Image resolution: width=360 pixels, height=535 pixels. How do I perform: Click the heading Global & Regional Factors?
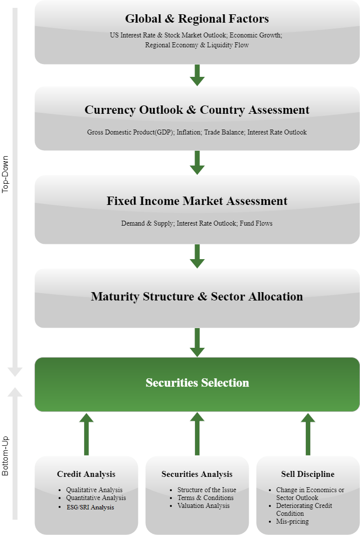[197, 18]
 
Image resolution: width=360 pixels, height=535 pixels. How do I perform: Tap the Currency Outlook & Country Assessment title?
[197, 110]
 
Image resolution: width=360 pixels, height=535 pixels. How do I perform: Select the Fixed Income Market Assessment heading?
[197, 201]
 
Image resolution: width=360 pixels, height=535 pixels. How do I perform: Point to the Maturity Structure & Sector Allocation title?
[197, 297]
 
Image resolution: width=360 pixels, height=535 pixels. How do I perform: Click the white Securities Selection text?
[197, 382]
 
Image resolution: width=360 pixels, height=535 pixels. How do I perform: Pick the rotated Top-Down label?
[5, 174]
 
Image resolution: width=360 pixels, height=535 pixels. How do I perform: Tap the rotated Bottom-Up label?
[5, 456]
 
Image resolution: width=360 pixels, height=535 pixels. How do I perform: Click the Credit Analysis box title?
[86, 474]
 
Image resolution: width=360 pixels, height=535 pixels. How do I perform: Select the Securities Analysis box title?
[197, 474]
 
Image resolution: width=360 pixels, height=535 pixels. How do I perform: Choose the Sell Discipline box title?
[308, 474]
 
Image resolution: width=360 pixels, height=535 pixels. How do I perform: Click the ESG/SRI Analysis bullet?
[90, 507]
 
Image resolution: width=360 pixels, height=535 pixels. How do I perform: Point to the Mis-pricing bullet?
[293, 521]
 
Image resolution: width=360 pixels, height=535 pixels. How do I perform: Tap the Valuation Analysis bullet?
[203, 505]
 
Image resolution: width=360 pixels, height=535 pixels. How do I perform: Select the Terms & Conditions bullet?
[205, 498]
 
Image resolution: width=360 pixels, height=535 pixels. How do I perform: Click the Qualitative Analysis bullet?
[94, 490]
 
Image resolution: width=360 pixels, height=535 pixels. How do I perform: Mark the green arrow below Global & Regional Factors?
[197, 75]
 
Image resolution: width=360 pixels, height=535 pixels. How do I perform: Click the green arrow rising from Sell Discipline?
[308, 434]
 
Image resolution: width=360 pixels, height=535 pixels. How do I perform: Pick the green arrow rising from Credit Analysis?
[86, 434]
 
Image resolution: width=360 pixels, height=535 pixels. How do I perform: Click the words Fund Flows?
[256, 224]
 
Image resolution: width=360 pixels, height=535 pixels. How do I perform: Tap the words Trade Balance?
[224, 133]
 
